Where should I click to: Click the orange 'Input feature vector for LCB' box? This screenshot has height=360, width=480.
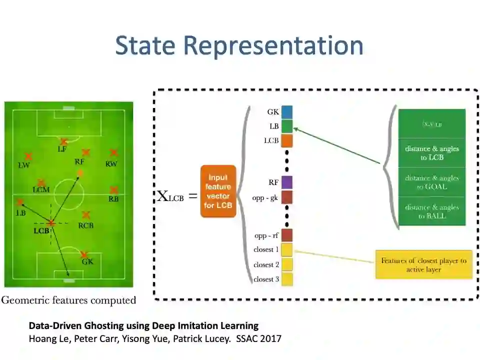[218, 191]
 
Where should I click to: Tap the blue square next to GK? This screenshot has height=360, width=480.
[286, 112]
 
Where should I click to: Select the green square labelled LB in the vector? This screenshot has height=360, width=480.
[286, 126]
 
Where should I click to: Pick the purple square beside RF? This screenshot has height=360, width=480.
[286, 182]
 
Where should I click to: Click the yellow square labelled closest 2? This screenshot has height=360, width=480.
[286, 264]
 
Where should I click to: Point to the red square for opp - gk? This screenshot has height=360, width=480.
[286, 197]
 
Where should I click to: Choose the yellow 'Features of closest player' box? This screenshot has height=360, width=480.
[423, 264]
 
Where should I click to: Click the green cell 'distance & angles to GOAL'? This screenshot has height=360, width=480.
[432, 182]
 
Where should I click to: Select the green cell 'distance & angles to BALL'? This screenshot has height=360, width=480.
[432, 211]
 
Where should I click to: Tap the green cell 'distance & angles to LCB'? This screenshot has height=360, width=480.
[432, 152]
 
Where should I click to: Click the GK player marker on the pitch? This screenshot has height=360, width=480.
[85, 254]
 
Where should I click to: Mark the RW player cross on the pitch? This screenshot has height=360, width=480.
[113, 152]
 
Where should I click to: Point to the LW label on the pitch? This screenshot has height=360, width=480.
[23, 165]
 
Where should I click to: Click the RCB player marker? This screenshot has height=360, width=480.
[86, 215]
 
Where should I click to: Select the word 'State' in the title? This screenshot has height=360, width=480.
[145, 46]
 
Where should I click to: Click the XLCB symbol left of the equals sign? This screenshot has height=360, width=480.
[170, 196]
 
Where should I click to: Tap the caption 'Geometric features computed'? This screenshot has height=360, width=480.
[68, 300]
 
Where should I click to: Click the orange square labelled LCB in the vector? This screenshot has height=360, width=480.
[286, 140]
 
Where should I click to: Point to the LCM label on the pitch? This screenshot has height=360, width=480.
[41, 190]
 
